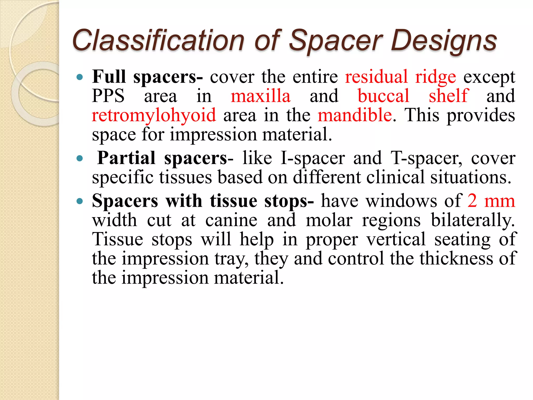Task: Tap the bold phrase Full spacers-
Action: pos(147,77)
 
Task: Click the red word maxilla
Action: pos(261,96)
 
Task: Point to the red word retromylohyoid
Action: pos(154,115)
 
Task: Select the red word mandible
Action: pos(355,115)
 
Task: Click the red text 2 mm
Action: pos(491,201)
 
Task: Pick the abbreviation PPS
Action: pos(108,96)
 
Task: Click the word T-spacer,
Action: pos(427,158)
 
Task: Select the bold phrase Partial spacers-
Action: pos(165,158)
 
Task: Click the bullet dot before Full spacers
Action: pos(80,77)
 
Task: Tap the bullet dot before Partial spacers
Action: pos(80,158)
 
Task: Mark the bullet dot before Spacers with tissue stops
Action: pos(80,201)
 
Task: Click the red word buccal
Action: pos(383,96)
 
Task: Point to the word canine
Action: pos(231,220)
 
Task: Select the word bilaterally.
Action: pos(473,220)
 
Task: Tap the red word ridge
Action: pos(435,77)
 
